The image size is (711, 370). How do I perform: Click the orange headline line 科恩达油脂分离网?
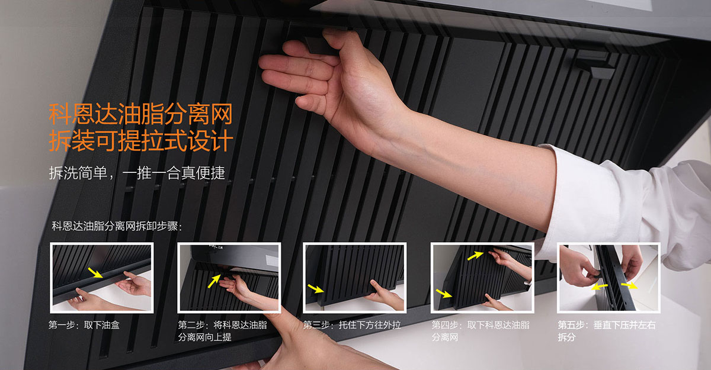coord(140,114)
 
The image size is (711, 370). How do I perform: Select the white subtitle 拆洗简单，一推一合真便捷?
coord(137,173)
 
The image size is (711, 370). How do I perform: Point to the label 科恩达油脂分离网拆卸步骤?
coord(117,226)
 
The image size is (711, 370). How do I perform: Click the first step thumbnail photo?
coord(102,278)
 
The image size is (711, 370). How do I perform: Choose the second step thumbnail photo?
coord(229,278)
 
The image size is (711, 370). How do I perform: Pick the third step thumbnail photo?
coord(354,278)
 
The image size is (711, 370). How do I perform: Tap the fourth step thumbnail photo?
coord(482,278)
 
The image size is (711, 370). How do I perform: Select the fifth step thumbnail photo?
coord(608,278)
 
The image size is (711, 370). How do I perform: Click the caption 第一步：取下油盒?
coord(84,325)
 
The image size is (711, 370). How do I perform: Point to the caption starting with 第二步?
coord(223,331)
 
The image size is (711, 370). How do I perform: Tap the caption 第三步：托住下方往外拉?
coord(352,325)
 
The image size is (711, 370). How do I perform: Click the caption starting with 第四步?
coord(481,331)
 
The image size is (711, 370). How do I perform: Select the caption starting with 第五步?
coord(607,331)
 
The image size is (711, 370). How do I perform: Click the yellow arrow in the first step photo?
coord(95,273)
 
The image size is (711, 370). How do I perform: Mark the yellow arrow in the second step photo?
coord(214,281)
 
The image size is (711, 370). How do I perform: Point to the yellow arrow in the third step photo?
coord(316,288)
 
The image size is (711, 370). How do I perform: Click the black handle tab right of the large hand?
coord(594,66)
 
